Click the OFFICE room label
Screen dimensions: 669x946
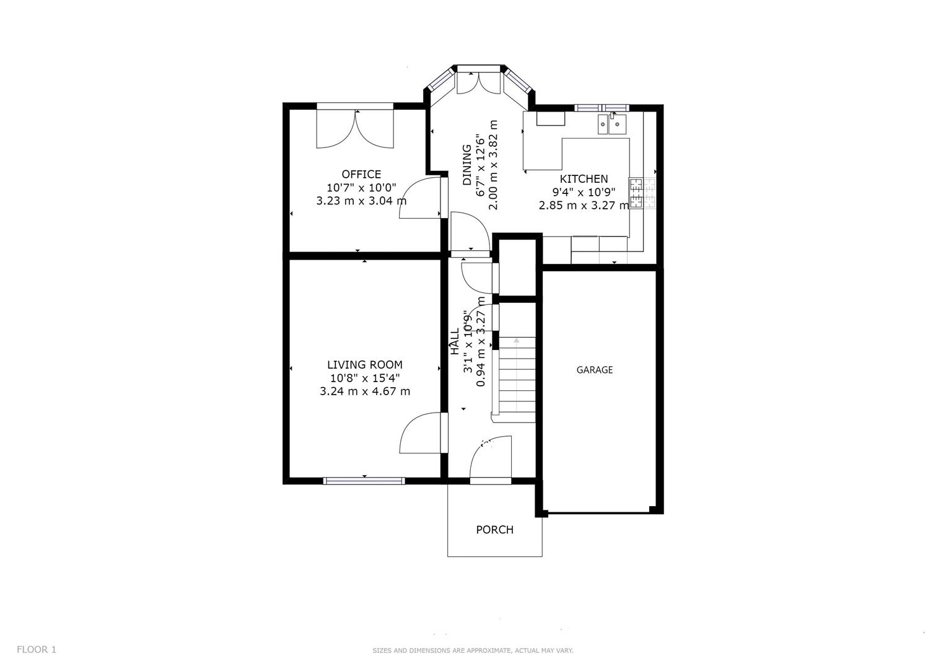[361, 174]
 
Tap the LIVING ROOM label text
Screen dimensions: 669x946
[364, 365]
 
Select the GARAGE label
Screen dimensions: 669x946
[594, 370]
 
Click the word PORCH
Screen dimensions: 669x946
[494, 530]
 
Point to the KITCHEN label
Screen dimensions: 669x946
[584, 179]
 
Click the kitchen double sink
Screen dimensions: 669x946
[611, 124]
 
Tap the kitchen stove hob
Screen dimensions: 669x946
[642, 193]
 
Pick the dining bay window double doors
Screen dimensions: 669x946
[478, 82]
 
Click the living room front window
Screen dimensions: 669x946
[364, 481]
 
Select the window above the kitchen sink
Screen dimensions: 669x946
[601, 108]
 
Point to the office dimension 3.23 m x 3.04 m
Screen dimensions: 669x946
[361, 201]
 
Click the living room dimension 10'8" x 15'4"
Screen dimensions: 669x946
[364, 378]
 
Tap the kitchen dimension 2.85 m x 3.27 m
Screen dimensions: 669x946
[584, 205]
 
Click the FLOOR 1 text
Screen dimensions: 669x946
[37, 649]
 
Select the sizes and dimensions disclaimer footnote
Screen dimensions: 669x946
[473, 650]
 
